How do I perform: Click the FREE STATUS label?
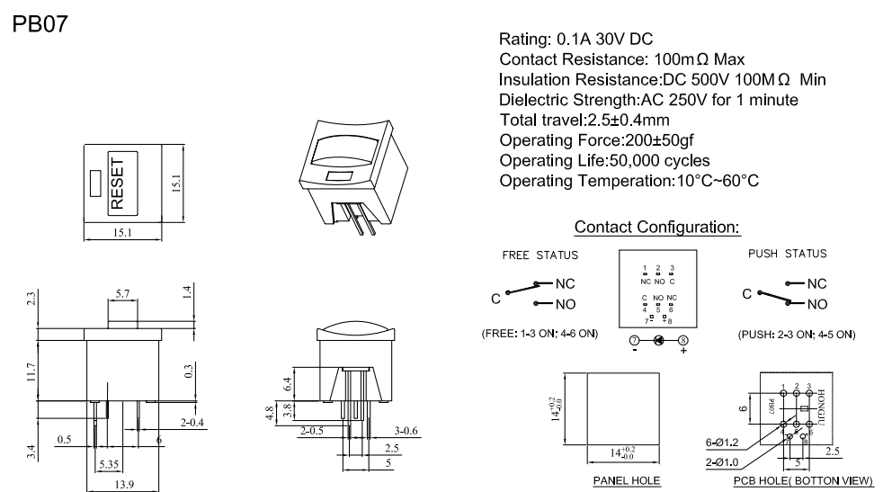coord(540,254)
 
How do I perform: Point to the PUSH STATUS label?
coord(787,254)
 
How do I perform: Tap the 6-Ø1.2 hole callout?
coord(724,443)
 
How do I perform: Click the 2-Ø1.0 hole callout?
coord(724,461)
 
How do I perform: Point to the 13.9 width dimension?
coord(124,485)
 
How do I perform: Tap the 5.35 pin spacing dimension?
coord(109,463)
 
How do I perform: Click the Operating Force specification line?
coord(596,140)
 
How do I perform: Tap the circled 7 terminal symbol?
coord(634,342)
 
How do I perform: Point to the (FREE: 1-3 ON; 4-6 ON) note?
coord(539,335)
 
